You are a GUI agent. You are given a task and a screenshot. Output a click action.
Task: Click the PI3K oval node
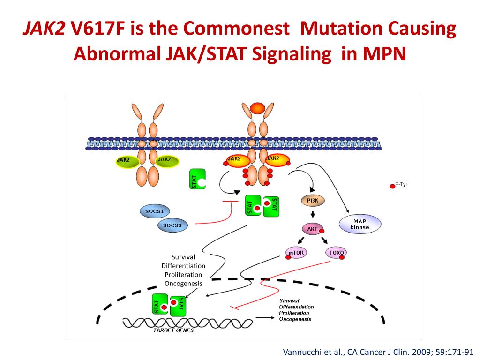[312, 200]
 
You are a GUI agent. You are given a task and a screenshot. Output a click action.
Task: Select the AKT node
[313, 229]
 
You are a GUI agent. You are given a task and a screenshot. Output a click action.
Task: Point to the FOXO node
[337, 253]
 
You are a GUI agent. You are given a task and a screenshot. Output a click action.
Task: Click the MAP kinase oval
[360, 224]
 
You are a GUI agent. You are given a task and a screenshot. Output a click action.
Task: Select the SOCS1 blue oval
[154, 211]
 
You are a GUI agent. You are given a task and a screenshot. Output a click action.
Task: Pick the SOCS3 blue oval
[172, 225]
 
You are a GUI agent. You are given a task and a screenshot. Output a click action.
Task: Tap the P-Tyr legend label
[401, 185]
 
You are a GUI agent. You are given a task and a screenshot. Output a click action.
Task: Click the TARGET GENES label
[173, 330]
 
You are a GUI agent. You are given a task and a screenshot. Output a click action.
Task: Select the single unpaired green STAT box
[197, 180]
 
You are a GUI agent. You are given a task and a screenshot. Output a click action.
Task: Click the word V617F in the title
[99, 30]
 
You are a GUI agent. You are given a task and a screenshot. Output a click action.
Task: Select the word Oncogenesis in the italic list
[295, 319]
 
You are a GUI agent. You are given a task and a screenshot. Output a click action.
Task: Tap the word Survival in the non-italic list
[183, 257]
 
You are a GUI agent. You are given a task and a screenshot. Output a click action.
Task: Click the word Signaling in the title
[291, 55]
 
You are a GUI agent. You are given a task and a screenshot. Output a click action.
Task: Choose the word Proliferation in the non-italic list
[183, 275]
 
